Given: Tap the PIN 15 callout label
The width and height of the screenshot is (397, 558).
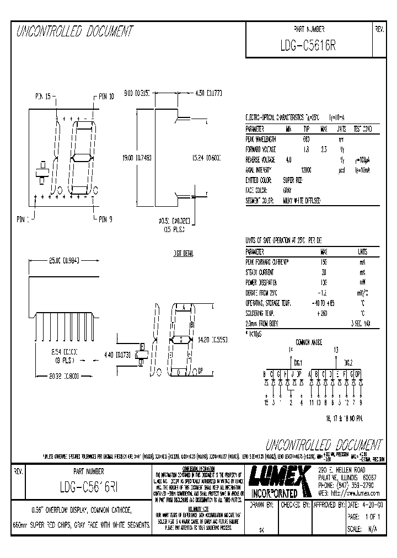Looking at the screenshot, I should [43, 96].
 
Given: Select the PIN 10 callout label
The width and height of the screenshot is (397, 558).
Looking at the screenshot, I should [106, 96].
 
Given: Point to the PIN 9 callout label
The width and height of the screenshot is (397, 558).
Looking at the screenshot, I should [105, 219].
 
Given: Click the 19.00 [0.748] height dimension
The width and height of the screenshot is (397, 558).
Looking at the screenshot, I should [136, 158].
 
